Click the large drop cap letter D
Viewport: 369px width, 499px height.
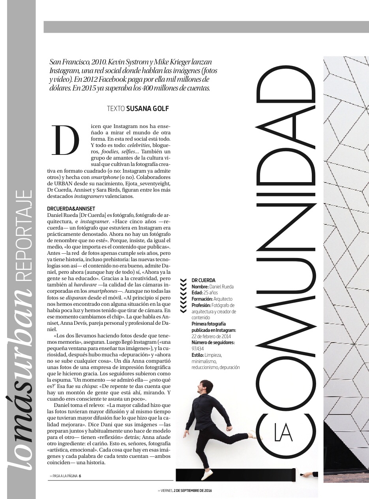click(x=66, y=140)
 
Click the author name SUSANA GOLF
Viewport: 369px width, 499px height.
click(x=148, y=108)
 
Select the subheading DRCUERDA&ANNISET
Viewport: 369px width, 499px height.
click(x=71, y=209)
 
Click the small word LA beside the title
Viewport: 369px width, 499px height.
click(x=283, y=432)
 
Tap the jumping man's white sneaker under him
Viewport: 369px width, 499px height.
click(x=207, y=475)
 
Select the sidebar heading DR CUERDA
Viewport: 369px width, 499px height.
click(x=204, y=280)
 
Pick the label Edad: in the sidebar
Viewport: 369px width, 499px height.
click(x=197, y=293)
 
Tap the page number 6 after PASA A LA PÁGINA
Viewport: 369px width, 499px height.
click(x=80, y=476)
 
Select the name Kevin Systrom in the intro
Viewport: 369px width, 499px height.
click(x=129, y=62)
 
